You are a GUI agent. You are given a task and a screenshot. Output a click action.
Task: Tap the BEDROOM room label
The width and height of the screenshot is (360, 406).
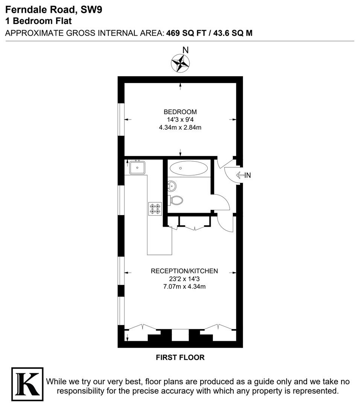[180, 112]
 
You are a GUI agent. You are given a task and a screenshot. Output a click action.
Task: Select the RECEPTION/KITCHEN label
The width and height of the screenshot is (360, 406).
[184, 271]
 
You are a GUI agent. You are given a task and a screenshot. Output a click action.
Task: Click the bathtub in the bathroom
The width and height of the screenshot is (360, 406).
[189, 168]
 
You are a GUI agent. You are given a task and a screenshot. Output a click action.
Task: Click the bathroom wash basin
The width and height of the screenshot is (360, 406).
[172, 185]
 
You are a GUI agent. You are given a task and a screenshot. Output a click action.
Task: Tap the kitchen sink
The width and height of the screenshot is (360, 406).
[137, 168]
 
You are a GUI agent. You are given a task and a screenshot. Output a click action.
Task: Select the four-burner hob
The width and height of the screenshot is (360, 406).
[155, 209]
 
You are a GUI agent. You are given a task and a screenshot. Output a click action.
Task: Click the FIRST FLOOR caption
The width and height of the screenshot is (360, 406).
[180, 358]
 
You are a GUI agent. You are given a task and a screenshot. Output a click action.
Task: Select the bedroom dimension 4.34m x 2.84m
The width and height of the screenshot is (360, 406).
[180, 127]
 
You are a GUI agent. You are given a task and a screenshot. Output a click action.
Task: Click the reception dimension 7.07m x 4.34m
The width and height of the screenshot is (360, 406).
[184, 286]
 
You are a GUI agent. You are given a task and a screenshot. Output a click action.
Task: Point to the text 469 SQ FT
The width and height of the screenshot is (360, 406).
[186, 33]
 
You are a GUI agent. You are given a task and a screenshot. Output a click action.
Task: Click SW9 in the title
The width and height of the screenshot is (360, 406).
[91, 10]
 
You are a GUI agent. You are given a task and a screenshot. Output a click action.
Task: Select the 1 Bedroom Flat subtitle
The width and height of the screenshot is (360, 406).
[38, 21]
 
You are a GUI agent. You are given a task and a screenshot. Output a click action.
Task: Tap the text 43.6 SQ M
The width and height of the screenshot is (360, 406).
[233, 33]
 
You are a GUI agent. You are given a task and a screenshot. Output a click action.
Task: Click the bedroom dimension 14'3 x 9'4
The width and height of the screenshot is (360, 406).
[180, 120]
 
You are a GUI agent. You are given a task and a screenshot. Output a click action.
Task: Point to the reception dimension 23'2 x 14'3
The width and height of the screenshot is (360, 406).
[184, 279]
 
